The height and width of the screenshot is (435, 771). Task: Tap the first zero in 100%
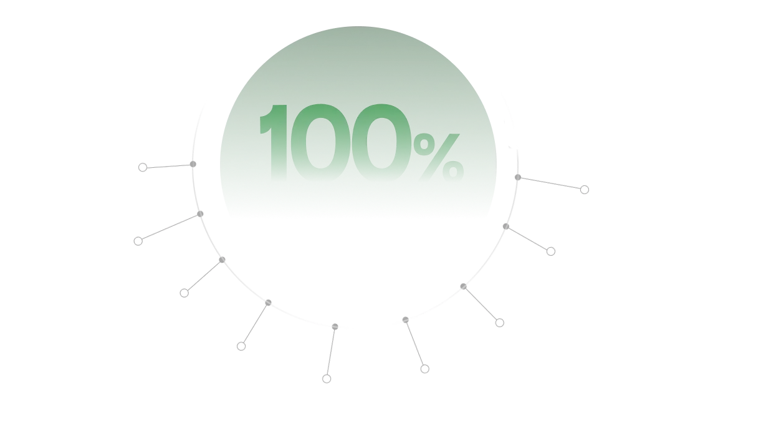coord(320,142)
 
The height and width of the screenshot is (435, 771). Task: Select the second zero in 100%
coord(381,142)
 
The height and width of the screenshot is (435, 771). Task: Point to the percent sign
coord(439,157)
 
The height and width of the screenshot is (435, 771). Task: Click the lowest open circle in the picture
coord(327,379)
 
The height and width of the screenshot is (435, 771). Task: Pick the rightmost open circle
coord(585,190)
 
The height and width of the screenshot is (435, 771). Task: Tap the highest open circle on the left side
coord(143,167)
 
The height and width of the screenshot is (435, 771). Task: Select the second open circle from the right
coord(551,252)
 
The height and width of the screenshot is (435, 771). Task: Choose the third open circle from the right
coord(500,323)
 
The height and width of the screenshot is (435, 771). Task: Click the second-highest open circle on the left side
coord(138,242)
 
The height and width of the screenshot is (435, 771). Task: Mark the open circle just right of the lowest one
coord(424,369)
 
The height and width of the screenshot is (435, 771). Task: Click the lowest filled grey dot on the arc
coord(335,326)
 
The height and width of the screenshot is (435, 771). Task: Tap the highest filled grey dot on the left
coord(193,164)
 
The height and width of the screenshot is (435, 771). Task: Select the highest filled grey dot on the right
coord(518,177)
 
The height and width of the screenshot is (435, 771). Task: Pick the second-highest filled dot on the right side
coord(505,227)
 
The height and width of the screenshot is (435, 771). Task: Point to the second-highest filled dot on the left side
coord(200,214)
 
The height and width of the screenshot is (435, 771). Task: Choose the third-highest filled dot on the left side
coord(222,260)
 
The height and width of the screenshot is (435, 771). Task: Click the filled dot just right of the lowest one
coord(406,320)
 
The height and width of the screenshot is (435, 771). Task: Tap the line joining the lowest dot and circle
coord(331,352)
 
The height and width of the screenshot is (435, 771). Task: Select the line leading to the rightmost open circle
coord(551,183)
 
